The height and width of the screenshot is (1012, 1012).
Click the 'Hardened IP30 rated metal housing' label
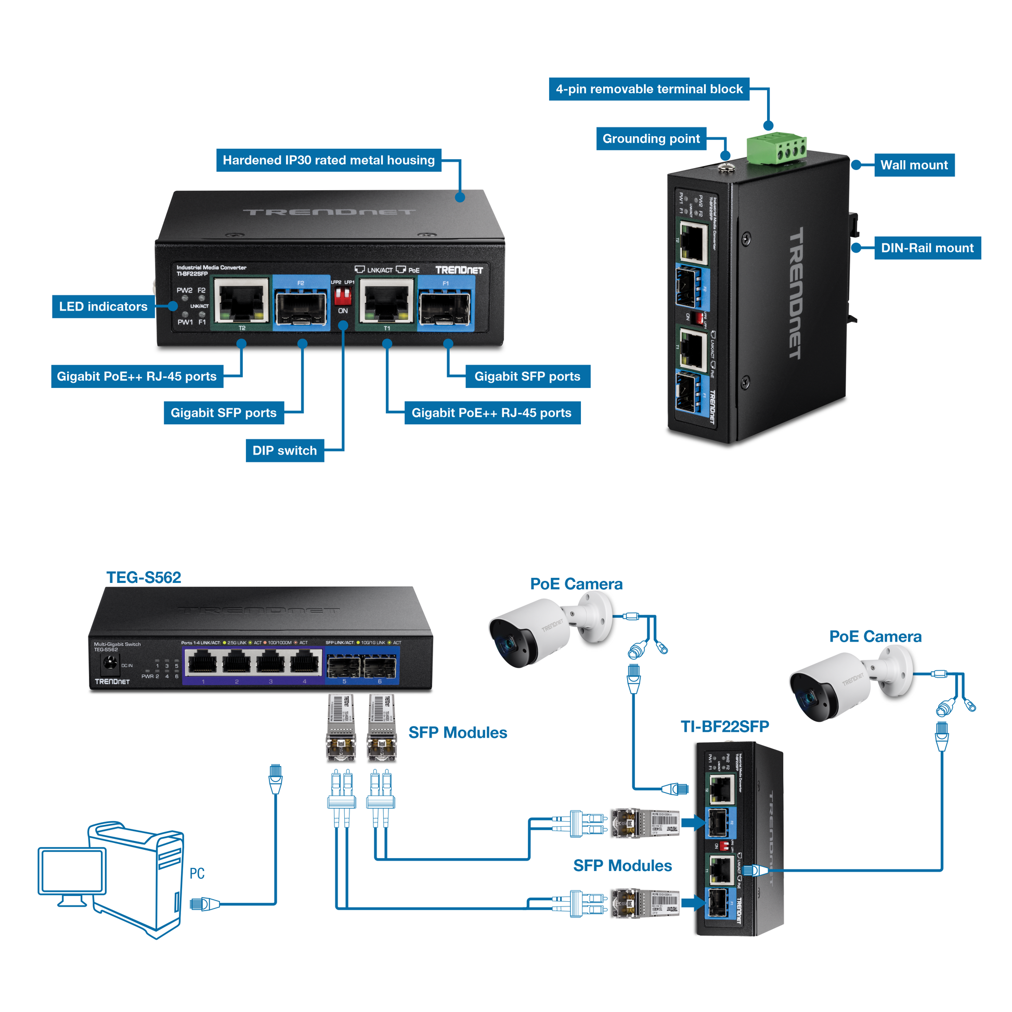(x=329, y=160)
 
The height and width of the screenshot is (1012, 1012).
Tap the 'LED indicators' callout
(x=103, y=306)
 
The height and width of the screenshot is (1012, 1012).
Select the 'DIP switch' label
(x=284, y=450)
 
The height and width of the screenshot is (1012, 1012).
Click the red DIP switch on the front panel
(x=343, y=295)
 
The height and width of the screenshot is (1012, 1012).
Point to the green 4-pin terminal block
(x=777, y=148)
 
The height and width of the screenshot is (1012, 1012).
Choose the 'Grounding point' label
(x=651, y=139)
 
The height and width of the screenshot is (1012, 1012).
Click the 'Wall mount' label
(x=914, y=165)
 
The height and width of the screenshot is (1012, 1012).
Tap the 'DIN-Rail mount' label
(x=927, y=248)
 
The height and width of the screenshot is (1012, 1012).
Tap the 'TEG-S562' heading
(x=144, y=577)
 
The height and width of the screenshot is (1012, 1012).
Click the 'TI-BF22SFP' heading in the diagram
(x=724, y=726)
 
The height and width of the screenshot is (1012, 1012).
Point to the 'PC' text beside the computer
(x=197, y=873)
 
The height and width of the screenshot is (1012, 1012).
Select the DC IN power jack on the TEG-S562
(x=110, y=663)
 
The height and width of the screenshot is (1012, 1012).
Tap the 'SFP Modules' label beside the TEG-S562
(x=457, y=732)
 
